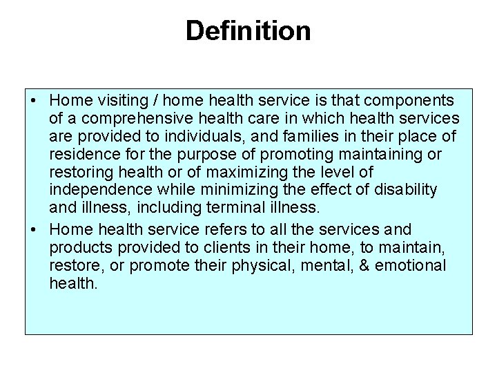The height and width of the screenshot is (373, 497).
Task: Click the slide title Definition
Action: click(248, 30)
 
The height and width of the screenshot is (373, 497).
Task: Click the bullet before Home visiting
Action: click(34, 101)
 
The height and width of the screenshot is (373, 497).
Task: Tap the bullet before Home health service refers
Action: click(34, 229)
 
